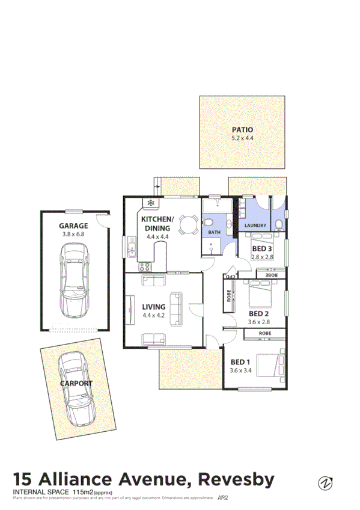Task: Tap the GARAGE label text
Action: (x=73, y=226)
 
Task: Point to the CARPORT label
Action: (x=76, y=383)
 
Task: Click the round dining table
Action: (x=188, y=227)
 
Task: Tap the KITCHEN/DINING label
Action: (x=157, y=223)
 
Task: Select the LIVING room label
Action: (x=153, y=307)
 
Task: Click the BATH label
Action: (x=214, y=232)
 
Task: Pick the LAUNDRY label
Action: (x=255, y=226)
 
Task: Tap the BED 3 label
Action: (x=261, y=248)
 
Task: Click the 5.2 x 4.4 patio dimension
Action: (x=243, y=138)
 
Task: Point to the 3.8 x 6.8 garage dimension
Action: (x=73, y=235)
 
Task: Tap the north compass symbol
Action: (x=325, y=482)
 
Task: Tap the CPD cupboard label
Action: (x=228, y=276)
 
